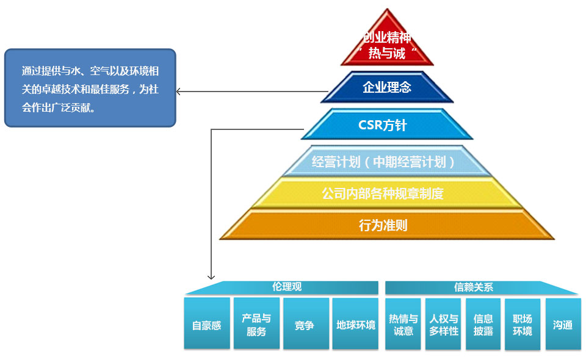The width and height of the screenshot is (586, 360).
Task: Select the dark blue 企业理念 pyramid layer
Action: click(x=387, y=87)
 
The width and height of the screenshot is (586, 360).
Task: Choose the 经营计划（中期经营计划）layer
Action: click(x=383, y=162)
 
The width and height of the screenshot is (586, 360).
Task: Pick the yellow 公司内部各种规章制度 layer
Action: click(x=383, y=194)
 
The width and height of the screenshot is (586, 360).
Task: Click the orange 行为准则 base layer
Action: click(x=383, y=225)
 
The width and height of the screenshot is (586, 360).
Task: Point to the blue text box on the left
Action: click(x=90, y=88)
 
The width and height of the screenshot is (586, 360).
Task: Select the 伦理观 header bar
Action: click(x=287, y=287)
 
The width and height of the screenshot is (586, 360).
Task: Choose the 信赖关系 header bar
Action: click(x=474, y=287)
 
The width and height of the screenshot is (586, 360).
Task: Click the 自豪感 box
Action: click(x=207, y=325)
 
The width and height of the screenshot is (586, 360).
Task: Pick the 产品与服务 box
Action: click(x=256, y=325)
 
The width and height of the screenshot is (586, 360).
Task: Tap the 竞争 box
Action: click(x=305, y=325)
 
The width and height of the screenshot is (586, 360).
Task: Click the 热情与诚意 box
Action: click(x=403, y=325)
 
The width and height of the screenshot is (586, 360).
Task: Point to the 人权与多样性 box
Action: click(x=443, y=325)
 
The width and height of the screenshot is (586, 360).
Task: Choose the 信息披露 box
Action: click(x=483, y=325)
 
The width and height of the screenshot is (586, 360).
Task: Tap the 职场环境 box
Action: click(x=523, y=325)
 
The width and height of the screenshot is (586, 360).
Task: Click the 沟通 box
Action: click(x=563, y=325)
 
